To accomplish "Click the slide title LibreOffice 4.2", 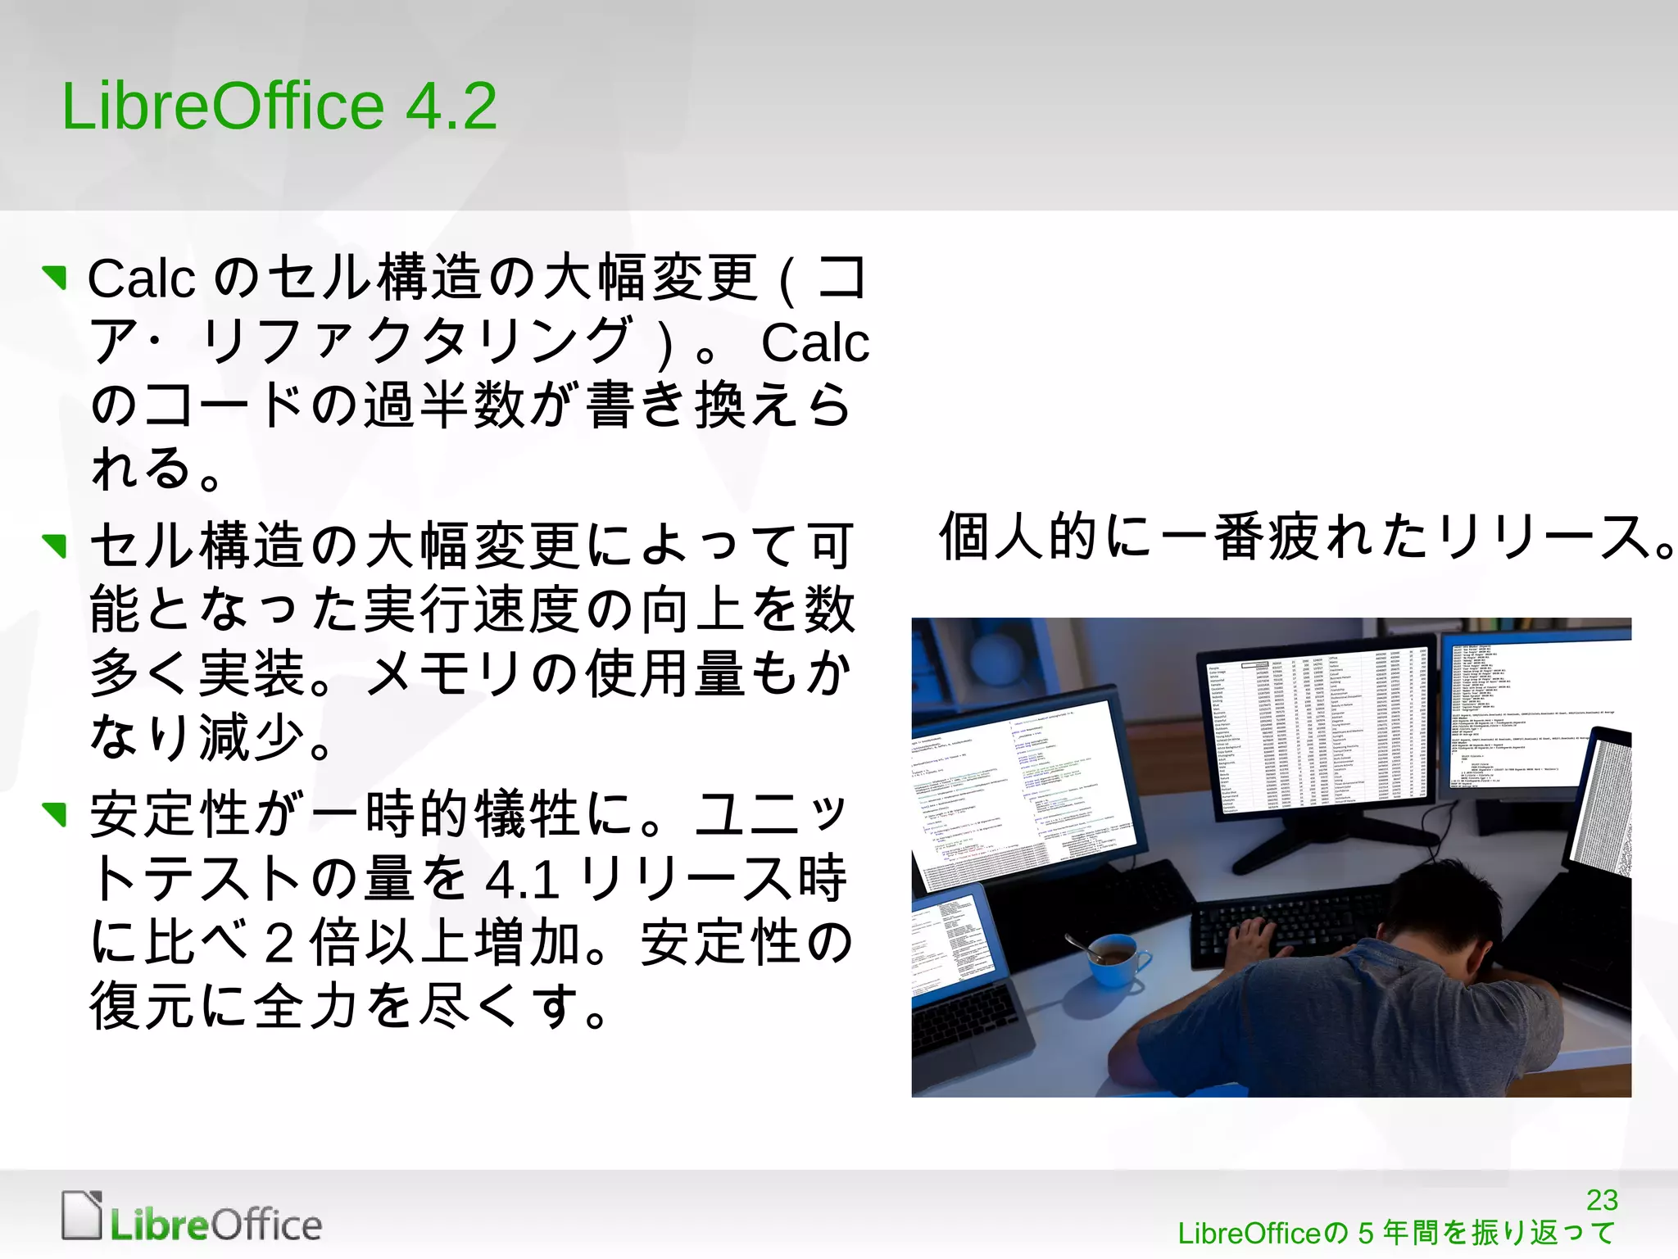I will click(x=279, y=106).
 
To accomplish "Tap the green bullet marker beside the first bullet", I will click(x=55, y=278).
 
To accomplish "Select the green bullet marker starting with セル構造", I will click(x=55, y=545).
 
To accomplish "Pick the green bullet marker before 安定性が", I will click(x=55, y=813).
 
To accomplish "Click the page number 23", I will click(x=1602, y=1200).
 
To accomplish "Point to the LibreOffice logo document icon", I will click(x=82, y=1214).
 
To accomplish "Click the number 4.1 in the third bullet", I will click(x=522, y=880).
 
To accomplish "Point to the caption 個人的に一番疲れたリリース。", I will click(x=1307, y=537).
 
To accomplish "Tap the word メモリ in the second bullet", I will click(x=442, y=673).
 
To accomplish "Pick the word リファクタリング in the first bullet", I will click(x=418, y=341).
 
